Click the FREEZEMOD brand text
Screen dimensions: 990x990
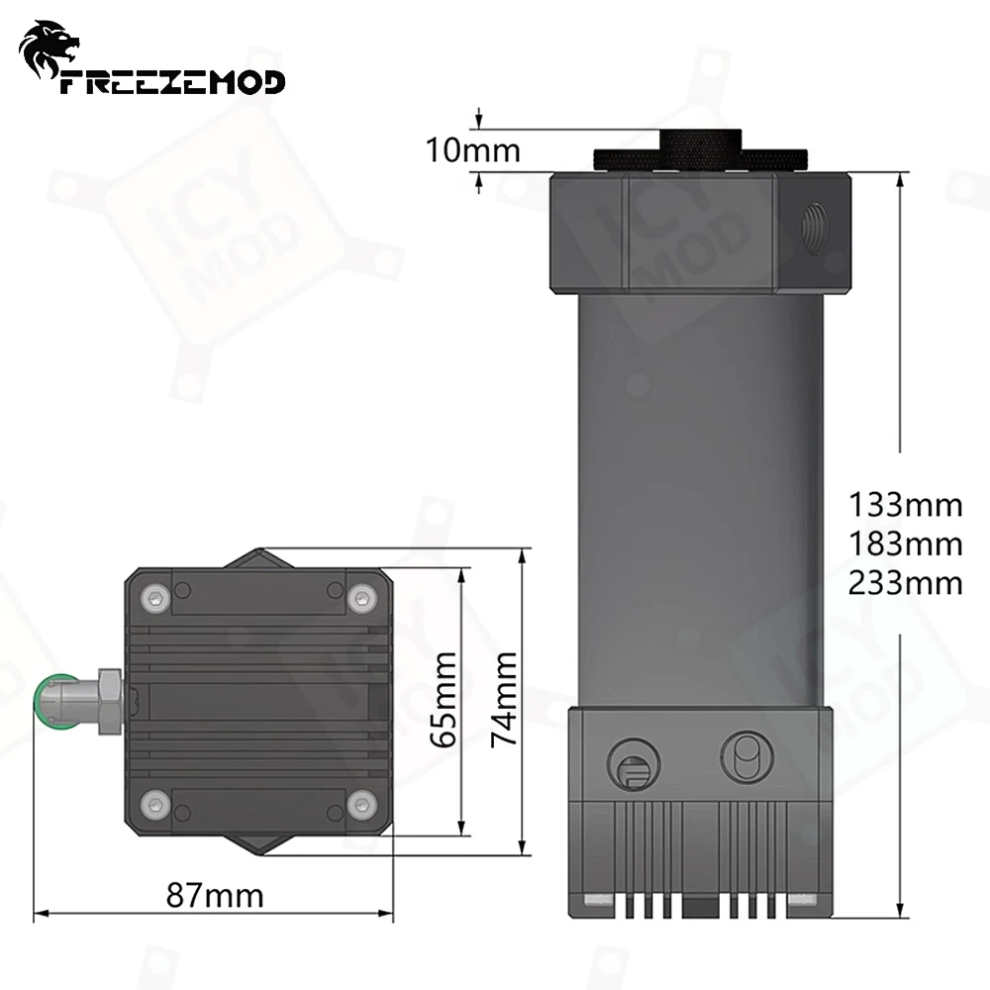(172, 81)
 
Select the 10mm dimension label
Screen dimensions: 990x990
(472, 150)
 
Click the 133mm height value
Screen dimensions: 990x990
(905, 505)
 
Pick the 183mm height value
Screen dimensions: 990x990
(905, 544)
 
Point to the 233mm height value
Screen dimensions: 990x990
(905, 582)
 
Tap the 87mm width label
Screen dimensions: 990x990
(215, 896)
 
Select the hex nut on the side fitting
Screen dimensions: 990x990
(109, 699)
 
